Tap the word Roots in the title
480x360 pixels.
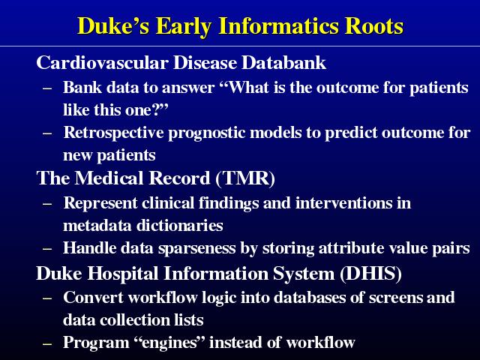[x=374, y=26]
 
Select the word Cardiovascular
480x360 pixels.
[x=102, y=63]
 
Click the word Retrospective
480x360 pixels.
[x=113, y=133]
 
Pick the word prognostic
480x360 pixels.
[x=207, y=133]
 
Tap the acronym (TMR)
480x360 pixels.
[x=245, y=178]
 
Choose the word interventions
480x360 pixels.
[x=343, y=203]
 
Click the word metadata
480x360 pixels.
[x=97, y=225]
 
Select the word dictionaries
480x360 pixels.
[x=180, y=225]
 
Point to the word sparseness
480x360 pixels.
[x=196, y=248]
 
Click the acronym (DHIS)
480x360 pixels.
[x=370, y=273]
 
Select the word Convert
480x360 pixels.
[x=93, y=298]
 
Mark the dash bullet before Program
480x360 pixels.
[x=46, y=344]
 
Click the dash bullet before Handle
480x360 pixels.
[x=46, y=249]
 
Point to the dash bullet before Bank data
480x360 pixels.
[x=46, y=88]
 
